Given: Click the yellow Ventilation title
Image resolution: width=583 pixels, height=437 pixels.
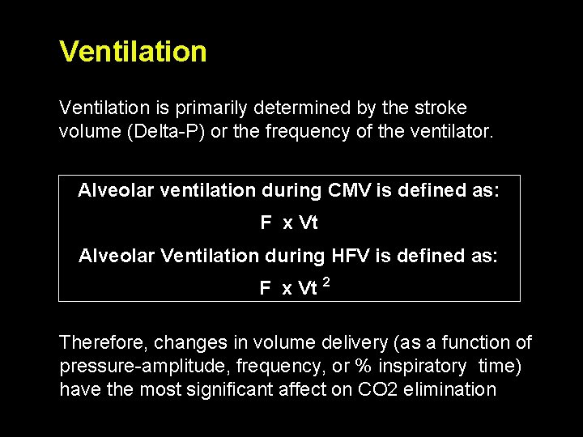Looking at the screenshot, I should pos(133,52).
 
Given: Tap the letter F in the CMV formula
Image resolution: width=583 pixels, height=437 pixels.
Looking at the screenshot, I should pos(266,223).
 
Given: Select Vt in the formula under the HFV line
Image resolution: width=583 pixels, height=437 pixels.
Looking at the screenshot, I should pos(308,288).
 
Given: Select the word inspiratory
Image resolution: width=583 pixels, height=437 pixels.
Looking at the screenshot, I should pos(419,366).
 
